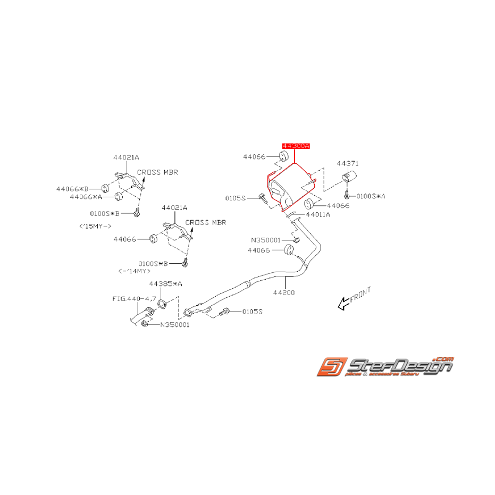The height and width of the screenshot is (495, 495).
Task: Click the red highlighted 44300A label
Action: click(x=295, y=145)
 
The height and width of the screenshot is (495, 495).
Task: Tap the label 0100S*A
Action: click(x=371, y=196)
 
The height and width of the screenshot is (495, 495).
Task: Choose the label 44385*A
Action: click(x=165, y=284)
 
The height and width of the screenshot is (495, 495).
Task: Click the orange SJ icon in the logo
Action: click(x=331, y=367)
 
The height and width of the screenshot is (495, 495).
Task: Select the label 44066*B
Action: click(x=72, y=188)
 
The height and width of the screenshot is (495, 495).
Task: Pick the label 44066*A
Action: click(x=86, y=196)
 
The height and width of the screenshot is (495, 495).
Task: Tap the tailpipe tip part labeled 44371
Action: click(x=349, y=177)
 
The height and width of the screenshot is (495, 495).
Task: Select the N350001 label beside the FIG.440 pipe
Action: click(x=175, y=324)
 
